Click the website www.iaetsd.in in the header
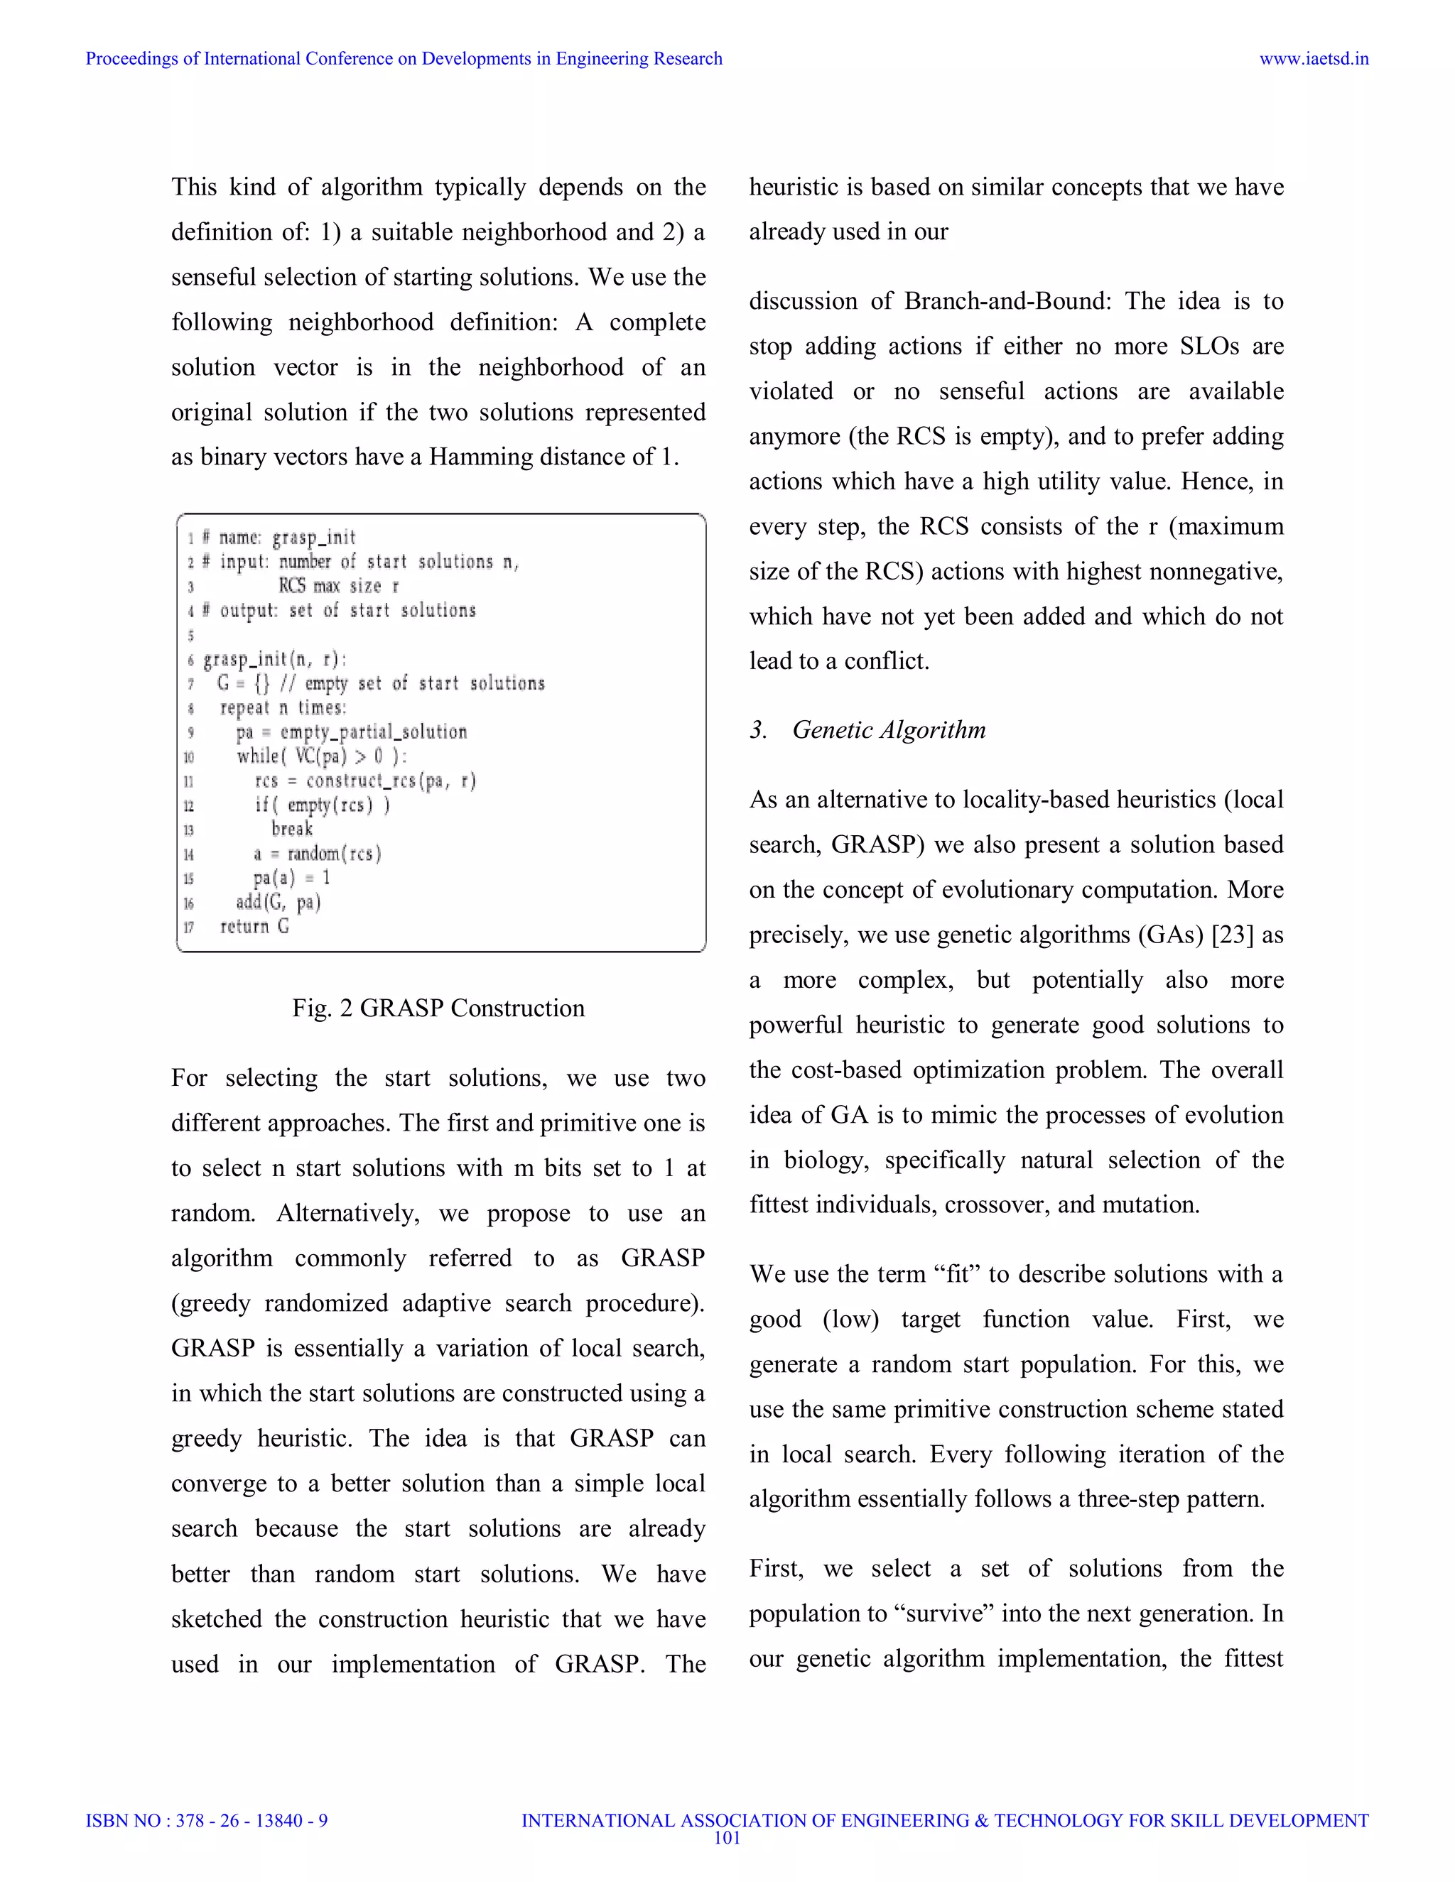click(x=1313, y=59)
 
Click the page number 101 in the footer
click(x=727, y=1837)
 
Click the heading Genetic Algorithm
click(x=888, y=730)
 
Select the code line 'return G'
click(x=254, y=926)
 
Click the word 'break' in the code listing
click(x=291, y=829)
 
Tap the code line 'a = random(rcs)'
click(x=316, y=853)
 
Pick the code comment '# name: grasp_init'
click(x=278, y=538)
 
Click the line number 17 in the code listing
click(x=189, y=928)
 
